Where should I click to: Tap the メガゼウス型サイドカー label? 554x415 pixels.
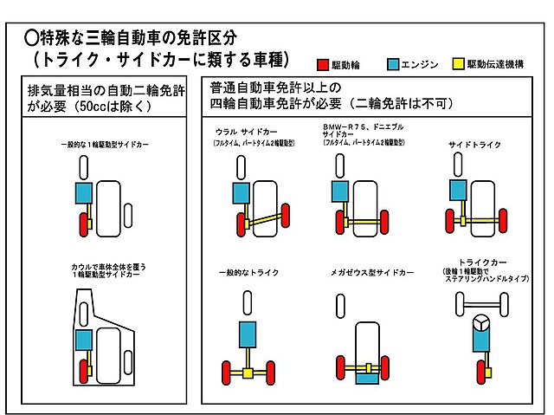372,272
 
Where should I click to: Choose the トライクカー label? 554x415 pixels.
482,260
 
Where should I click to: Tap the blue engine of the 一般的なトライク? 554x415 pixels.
247,334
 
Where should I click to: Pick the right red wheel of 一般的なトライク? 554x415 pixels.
271,374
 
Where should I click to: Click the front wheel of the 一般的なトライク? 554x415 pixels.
248,302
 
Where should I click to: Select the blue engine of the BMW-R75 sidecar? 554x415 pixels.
339,192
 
